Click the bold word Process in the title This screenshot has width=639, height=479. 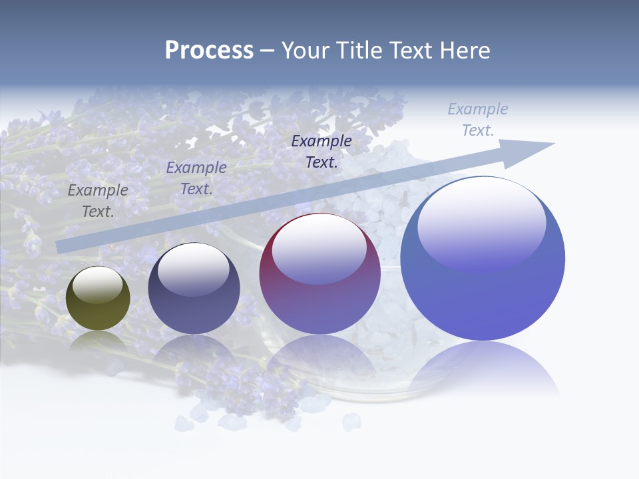pos(209,51)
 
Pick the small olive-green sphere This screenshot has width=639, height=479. pos(98,299)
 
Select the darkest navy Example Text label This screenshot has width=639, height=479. pos(321,151)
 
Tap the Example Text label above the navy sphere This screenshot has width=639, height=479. pos(196,178)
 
